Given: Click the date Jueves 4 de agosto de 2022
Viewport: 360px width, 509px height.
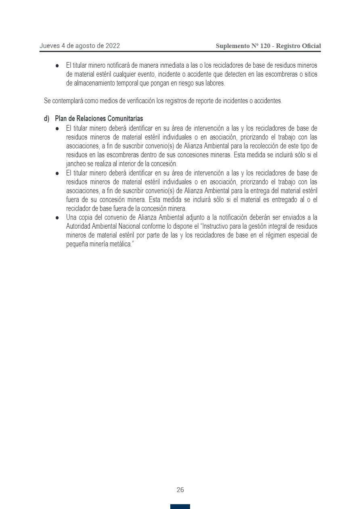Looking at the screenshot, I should (80, 46).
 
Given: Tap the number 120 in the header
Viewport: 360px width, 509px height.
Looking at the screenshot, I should (265, 46).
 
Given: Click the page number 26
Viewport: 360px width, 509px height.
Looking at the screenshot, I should (180, 490).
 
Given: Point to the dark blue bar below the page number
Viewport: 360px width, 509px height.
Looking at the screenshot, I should (180, 507).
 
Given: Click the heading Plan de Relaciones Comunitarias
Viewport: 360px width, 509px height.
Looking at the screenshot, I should (99, 119).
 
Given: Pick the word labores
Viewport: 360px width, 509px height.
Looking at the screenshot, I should (215, 83).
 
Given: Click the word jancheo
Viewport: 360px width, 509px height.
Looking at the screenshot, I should (76, 164).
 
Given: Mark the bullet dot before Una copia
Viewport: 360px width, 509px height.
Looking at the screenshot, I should (58, 217).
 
